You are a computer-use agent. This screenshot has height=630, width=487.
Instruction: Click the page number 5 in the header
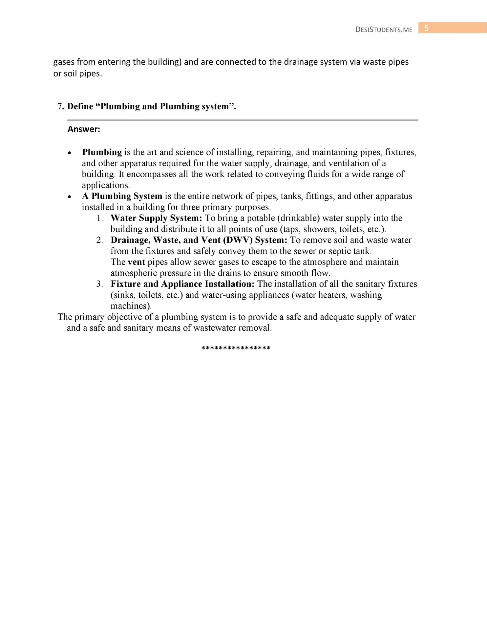(426, 28)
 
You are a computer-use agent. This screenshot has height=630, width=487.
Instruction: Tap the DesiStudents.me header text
(384, 30)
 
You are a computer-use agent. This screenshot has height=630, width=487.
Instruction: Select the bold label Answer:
(84, 129)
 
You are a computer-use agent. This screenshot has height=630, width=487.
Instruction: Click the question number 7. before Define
(61, 106)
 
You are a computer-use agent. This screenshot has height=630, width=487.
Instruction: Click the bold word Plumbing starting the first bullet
(102, 152)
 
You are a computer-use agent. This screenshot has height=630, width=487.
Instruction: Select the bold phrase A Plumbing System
(122, 196)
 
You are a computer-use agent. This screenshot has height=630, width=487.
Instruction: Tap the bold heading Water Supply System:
(156, 218)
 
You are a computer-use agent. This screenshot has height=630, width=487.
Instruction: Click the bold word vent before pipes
(136, 262)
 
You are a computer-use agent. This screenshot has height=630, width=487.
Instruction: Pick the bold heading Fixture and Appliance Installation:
(182, 284)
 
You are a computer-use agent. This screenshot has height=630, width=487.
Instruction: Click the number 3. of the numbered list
(100, 284)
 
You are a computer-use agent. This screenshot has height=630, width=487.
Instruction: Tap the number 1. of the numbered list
(100, 218)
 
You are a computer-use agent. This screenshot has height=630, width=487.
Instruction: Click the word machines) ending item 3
(131, 306)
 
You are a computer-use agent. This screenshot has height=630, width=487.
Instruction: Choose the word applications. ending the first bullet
(106, 185)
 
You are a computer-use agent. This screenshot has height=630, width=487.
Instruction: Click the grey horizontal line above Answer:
(243, 120)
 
